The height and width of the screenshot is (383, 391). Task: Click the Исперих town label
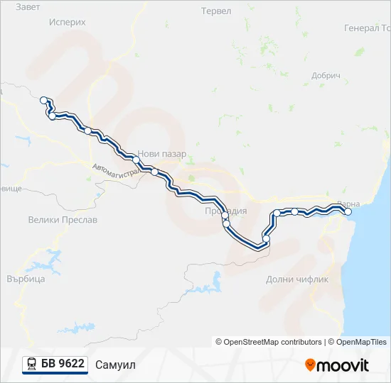pos(68,22)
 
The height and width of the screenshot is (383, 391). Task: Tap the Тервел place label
pos(216,11)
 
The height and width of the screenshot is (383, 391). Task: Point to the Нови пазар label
pos(162,154)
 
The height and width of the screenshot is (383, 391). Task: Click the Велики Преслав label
pos(63,220)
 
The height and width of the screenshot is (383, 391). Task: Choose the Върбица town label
pos(26,279)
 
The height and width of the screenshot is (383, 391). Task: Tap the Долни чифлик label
pos(297,279)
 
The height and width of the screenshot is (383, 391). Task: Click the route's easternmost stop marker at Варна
pos(348,211)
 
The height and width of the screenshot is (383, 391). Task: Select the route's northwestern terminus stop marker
pos(44,100)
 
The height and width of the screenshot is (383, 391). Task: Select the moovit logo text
pos(343,365)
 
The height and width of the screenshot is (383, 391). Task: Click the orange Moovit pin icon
pos(310,365)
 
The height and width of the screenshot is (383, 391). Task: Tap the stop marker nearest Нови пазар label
pos(137,160)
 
